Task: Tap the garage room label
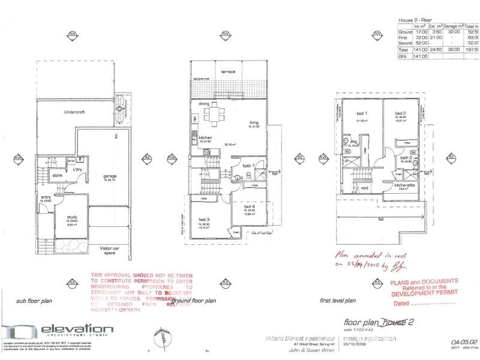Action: pyautogui.click(x=109, y=176)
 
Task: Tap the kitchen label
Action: pyautogui.click(x=206, y=136)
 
